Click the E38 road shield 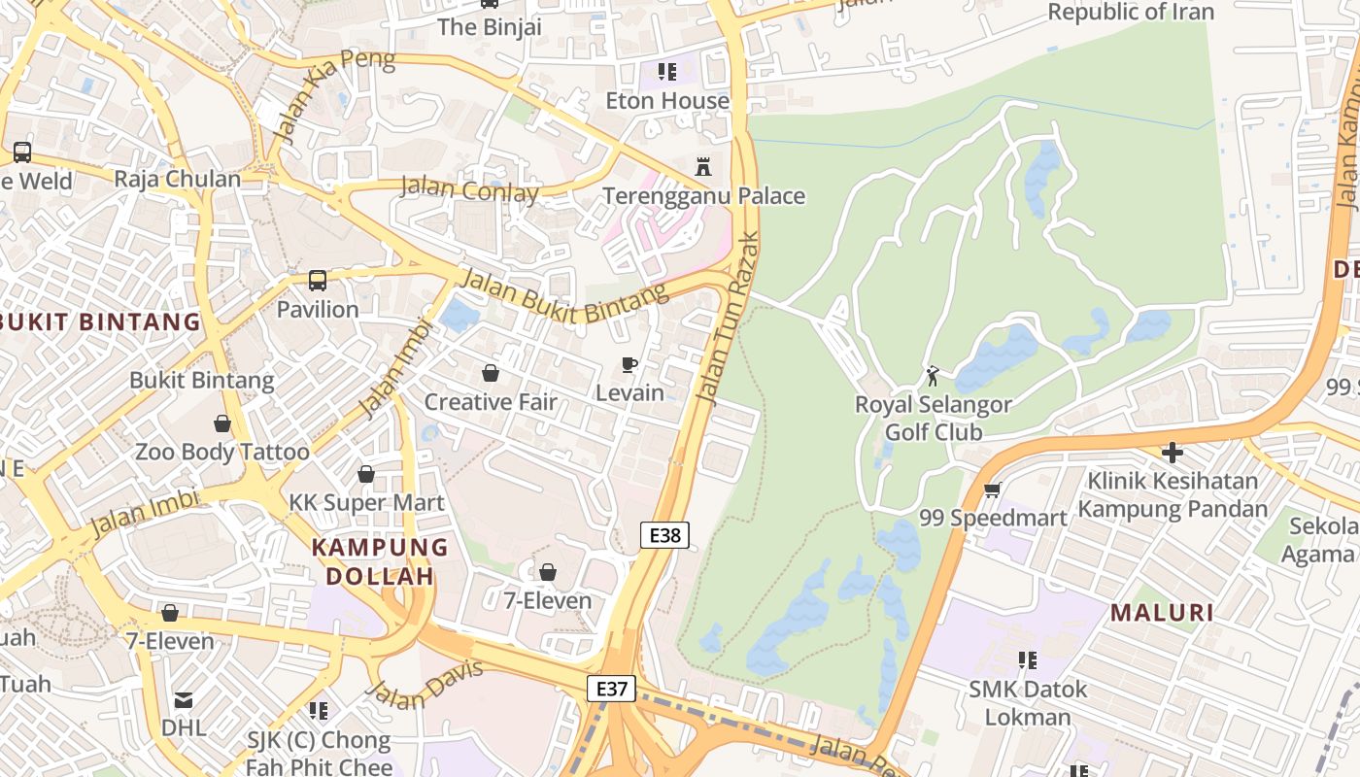point(664,534)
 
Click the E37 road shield point(611,689)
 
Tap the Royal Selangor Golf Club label point(933,419)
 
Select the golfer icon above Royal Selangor point(934,375)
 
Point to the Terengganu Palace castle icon point(703,167)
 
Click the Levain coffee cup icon point(629,365)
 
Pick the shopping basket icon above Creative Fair point(491,373)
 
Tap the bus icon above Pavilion point(318,281)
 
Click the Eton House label point(667,101)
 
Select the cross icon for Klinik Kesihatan point(1173,453)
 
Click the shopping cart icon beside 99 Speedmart point(992,490)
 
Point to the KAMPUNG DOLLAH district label point(380,561)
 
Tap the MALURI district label point(1162,613)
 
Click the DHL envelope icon point(184,699)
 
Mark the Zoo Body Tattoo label point(221,452)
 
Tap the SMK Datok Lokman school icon point(1027,660)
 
